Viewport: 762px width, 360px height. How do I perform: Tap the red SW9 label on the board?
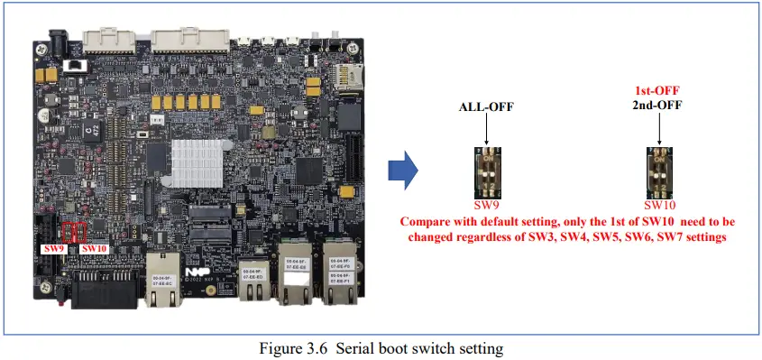54,247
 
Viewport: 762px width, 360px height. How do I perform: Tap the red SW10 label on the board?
94,247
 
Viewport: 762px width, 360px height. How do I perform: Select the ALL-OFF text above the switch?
486,107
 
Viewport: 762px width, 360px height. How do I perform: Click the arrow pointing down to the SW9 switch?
486,131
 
